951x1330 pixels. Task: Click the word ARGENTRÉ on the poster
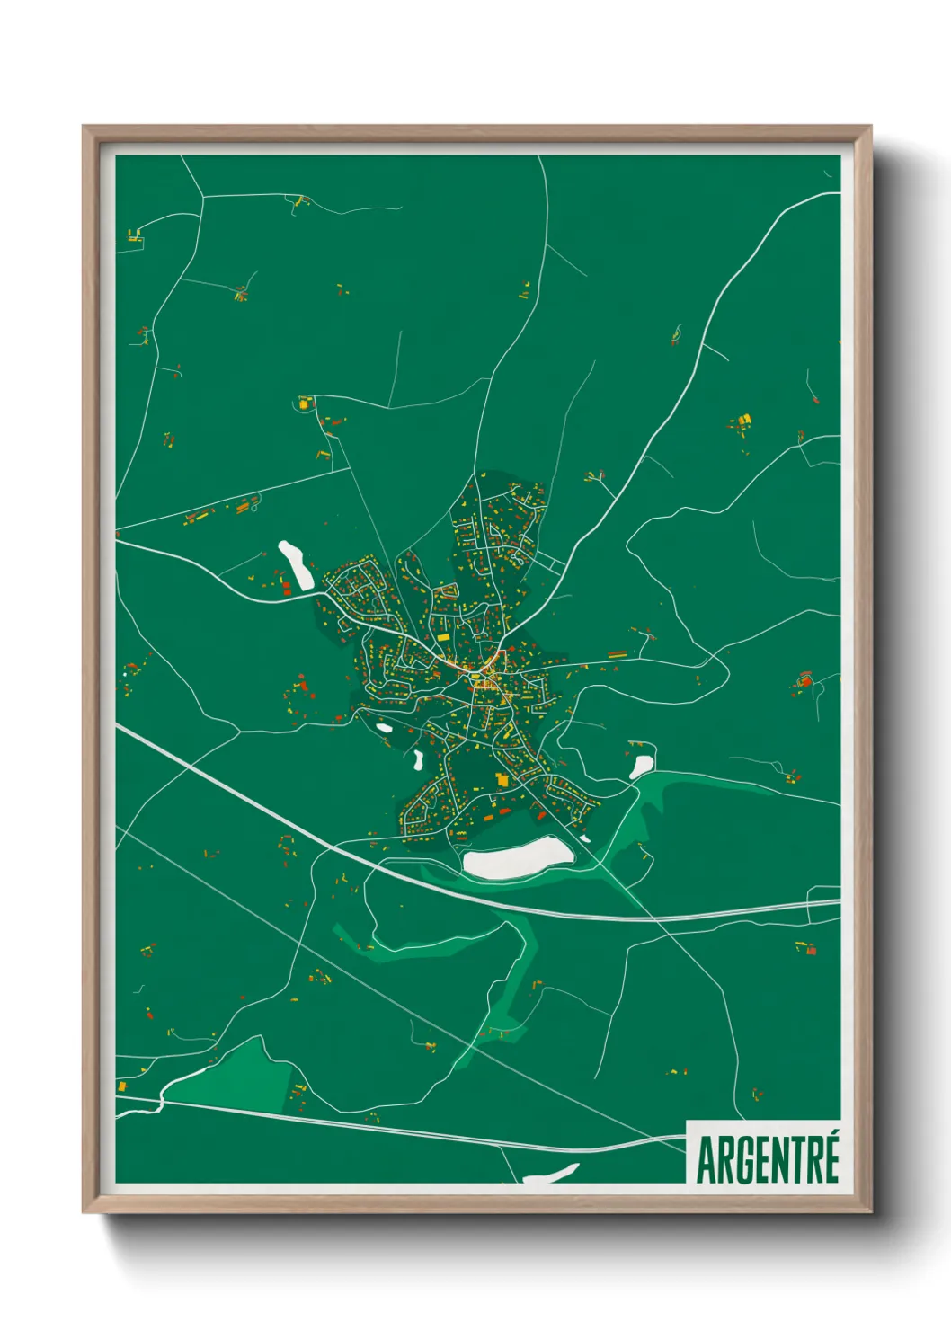click(x=768, y=1160)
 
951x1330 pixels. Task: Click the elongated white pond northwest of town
click(x=295, y=565)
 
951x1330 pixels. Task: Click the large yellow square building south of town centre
click(x=502, y=779)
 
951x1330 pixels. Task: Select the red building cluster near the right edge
click(x=804, y=680)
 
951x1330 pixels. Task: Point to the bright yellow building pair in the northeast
click(x=742, y=420)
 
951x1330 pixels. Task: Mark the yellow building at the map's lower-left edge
click(x=121, y=1086)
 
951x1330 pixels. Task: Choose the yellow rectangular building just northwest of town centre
click(x=443, y=612)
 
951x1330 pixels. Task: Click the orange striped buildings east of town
click(x=617, y=655)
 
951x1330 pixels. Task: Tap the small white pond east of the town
click(x=641, y=766)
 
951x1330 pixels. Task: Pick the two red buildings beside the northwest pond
click(x=286, y=589)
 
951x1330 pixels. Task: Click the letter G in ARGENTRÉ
click(x=740, y=1161)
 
